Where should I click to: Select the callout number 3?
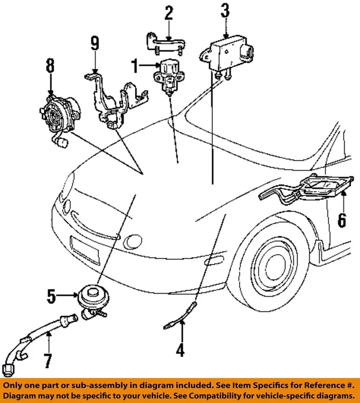click(x=226, y=10)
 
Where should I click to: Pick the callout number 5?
click(x=51, y=297)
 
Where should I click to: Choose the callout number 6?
click(x=342, y=220)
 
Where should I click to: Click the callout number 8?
click(x=50, y=66)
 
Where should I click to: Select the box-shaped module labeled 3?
click(x=227, y=54)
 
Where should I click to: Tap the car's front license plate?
click(x=85, y=250)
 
